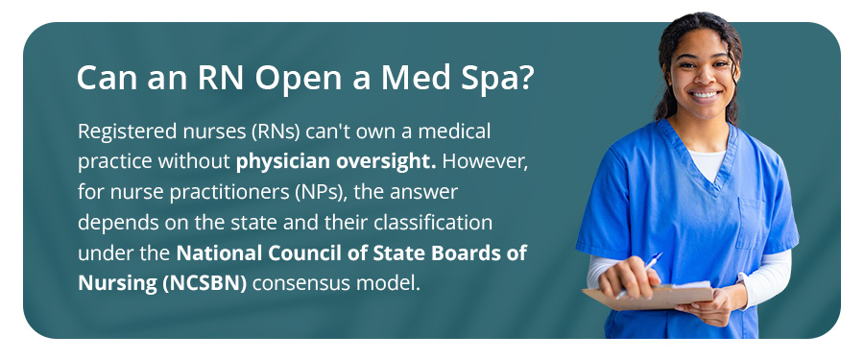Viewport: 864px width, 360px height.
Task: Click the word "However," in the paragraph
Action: (485, 161)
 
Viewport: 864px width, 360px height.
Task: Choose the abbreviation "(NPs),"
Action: (325, 192)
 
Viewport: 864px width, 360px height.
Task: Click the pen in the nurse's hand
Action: (639, 275)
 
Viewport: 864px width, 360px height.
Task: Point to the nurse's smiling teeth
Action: (705, 95)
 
